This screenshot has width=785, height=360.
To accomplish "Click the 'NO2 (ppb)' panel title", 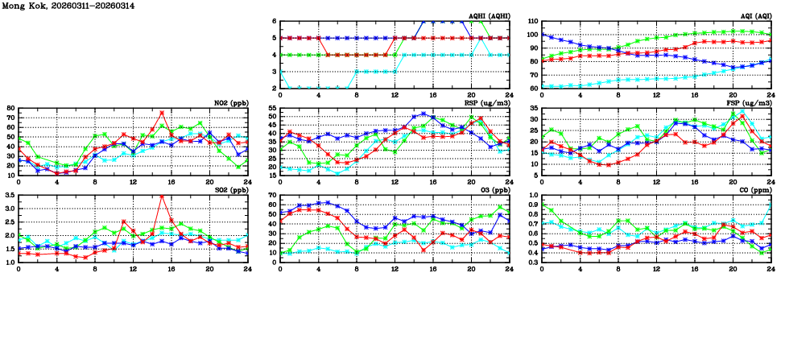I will pyautogui.click(x=230, y=103).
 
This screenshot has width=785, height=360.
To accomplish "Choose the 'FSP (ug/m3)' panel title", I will pyautogui.click(x=750, y=103).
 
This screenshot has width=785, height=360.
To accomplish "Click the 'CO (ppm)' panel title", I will pyautogui.click(x=754, y=190).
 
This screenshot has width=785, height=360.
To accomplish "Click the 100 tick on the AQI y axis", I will pyautogui.click(x=531, y=35).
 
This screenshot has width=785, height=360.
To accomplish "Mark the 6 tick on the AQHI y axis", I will pyautogui.click(x=274, y=22).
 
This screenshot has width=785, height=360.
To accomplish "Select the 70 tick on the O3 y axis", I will pyautogui.click(x=271, y=196).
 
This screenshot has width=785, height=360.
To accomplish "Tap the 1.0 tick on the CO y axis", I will pyautogui.click(x=533, y=196).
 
